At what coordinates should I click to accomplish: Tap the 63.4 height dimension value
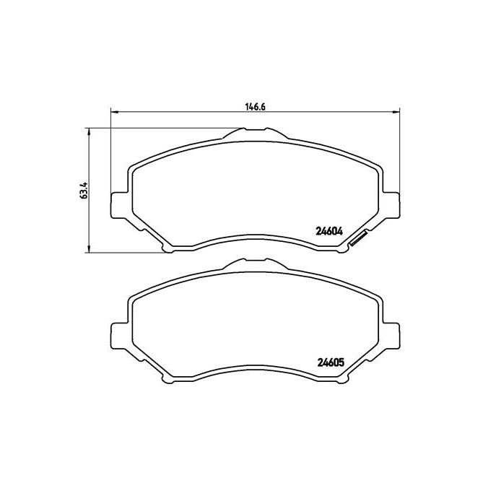pos(84,191)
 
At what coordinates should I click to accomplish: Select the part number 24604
pos(328,232)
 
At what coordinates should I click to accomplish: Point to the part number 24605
pos(328,363)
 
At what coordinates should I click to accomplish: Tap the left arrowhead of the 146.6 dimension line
pos(113,111)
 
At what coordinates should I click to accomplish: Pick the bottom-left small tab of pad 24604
pos(168,248)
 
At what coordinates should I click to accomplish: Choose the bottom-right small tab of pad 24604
pos(339,248)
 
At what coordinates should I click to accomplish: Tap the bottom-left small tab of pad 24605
pos(168,380)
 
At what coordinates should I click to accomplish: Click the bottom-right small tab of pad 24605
pos(339,380)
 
